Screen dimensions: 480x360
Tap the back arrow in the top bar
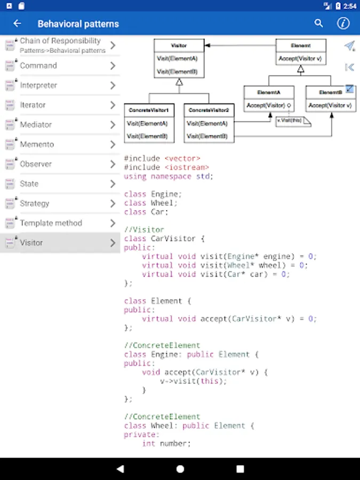[x=17, y=23]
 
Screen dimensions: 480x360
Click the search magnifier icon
[x=319, y=23]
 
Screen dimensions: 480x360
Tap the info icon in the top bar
[x=343, y=23]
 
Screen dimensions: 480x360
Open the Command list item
[x=38, y=66]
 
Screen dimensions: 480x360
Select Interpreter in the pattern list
[x=38, y=85]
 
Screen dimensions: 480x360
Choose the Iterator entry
[x=33, y=105]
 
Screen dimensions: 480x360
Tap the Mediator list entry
[x=36, y=125]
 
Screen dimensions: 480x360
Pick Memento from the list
[x=37, y=145]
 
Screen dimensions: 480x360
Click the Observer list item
[x=36, y=164]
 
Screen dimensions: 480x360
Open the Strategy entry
[x=35, y=204]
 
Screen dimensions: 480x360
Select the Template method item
[x=51, y=223]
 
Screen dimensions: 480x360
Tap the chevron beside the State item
[x=113, y=184]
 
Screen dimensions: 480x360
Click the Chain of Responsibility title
[x=60, y=41]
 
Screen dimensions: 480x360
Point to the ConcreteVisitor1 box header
[x=149, y=110]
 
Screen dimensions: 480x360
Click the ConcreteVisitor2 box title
[x=209, y=110]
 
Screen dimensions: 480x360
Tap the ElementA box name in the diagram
[x=269, y=92]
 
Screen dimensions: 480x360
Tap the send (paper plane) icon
[x=349, y=46]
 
